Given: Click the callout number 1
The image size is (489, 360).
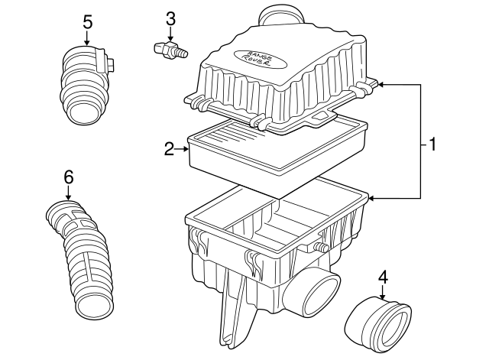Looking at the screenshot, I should (x=432, y=144).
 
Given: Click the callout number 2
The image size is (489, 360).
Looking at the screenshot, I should (x=170, y=149).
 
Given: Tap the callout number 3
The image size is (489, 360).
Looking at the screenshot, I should (x=170, y=18).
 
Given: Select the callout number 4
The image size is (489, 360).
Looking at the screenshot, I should (x=384, y=277).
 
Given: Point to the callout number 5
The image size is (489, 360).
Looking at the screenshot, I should (x=87, y=21).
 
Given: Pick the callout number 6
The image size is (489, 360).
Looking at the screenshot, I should (x=68, y=177).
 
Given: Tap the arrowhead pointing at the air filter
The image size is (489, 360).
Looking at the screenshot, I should (x=186, y=149).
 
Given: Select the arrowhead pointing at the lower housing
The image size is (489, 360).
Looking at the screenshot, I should (x=372, y=198).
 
